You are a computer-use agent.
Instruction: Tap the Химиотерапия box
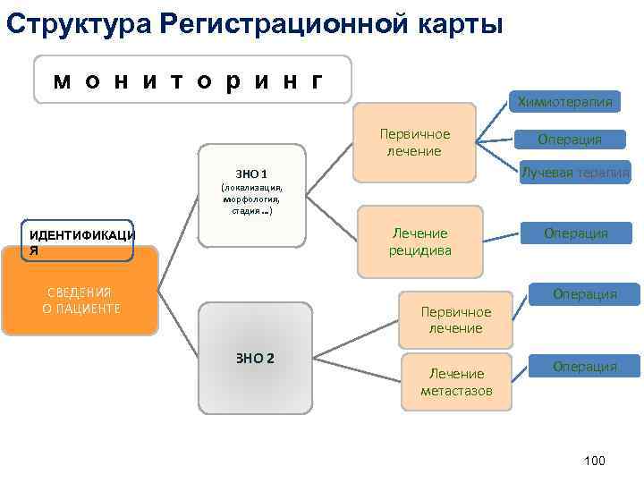(x=563, y=102)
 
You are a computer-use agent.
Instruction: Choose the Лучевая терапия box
(x=575, y=172)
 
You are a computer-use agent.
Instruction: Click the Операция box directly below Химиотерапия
(x=569, y=139)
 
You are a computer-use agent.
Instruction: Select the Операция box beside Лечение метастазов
(x=584, y=366)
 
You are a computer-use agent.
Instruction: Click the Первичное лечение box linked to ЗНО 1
(x=414, y=142)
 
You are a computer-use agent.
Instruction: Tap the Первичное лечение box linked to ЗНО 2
(x=455, y=319)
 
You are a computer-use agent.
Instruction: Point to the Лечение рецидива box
(x=419, y=241)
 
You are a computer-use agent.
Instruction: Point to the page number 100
(x=594, y=460)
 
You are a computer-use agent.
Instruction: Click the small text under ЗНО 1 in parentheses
(x=251, y=200)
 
